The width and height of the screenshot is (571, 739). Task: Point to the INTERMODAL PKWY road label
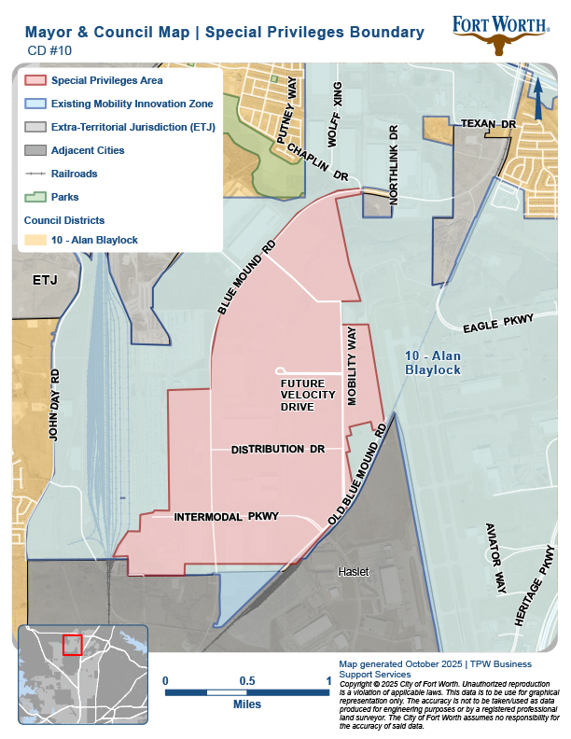tap(227, 516)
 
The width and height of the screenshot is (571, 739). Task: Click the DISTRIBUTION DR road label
tap(277, 450)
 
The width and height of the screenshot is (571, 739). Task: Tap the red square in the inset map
tap(72, 645)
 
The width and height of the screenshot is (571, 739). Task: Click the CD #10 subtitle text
tap(44, 52)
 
